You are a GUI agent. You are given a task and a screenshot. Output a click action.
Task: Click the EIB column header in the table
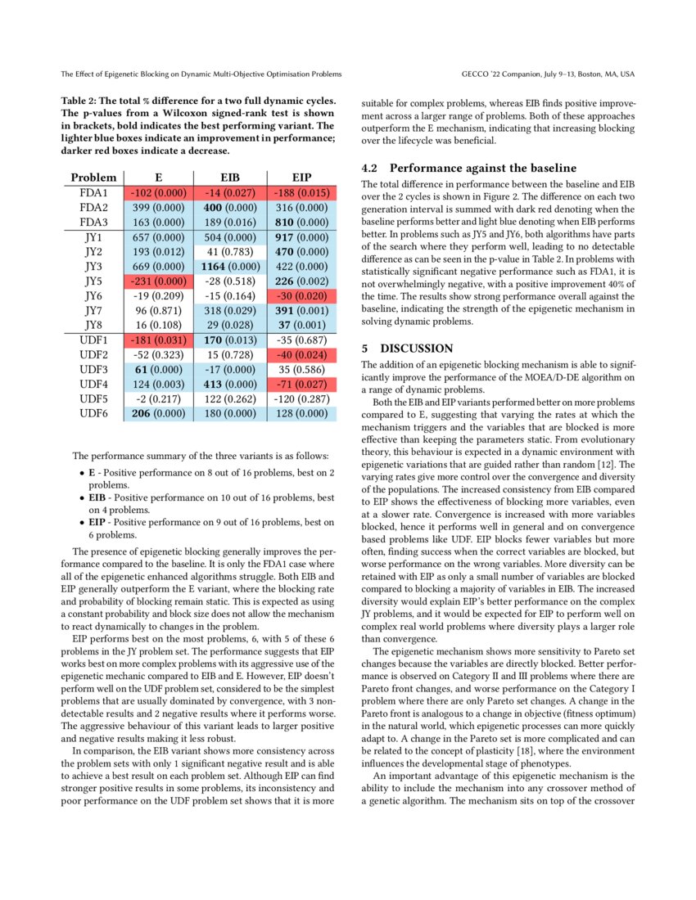(x=231, y=178)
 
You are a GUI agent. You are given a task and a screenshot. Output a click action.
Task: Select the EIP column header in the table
(x=302, y=178)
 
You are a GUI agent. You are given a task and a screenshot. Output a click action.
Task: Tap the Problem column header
(x=93, y=178)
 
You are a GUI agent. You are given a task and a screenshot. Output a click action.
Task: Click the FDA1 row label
(x=93, y=193)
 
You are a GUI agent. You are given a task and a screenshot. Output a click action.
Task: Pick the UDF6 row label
(x=93, y=414)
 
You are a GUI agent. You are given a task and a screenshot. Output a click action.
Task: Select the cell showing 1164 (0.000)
(x=231, y=267)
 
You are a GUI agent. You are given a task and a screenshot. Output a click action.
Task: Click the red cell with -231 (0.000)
(x=159, y=281)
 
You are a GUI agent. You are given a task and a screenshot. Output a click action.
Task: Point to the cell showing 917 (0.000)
(x=302, y=237)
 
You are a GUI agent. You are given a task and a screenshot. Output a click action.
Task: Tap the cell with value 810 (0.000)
(x=302, y=223)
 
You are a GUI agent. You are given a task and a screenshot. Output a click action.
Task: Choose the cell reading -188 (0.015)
(x=302, y=193)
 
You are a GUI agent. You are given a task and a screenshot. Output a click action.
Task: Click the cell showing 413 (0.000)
(x=231, y=385)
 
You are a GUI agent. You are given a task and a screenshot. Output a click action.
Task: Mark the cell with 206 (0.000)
(x=159, y=414)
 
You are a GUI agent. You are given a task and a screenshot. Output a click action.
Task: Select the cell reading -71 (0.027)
(x=302, y=385)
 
